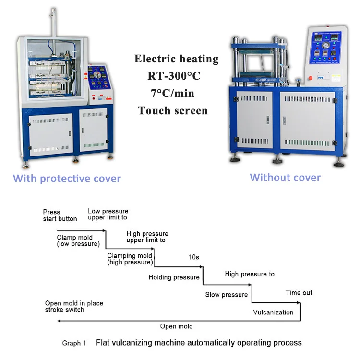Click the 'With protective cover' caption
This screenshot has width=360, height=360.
coord(67,179)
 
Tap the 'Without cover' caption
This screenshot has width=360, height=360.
coord(285,177)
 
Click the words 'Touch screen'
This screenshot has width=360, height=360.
coord(173,111)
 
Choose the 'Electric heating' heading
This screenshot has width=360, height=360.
coord(176,59)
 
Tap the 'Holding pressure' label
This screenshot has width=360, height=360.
coord(174,277)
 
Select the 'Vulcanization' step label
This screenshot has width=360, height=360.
coord(273,312)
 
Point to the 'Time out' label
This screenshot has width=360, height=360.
coord(299,293)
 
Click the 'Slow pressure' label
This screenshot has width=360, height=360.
coord(227,295)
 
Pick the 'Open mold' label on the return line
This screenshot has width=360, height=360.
coord(176,326)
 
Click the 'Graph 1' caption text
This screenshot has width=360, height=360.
coord(74,343)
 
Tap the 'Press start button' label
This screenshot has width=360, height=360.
coord(60,216)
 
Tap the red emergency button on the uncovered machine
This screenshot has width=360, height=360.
coord(309,77)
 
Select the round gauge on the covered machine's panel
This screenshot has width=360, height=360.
coord(98,75)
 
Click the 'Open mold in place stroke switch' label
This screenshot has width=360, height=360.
coord(74,306)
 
